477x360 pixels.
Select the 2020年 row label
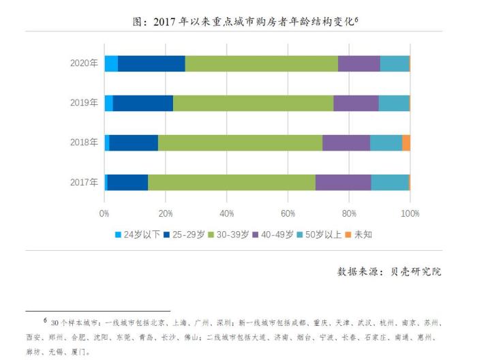(x=84, y=63)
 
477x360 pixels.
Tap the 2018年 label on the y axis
(x=84, y=142)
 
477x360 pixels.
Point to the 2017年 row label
(x=84, y=182)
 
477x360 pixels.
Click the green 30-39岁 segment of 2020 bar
(x=261, y=63)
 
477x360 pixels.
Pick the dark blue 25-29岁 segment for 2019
(x=142, y=103)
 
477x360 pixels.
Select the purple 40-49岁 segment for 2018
(x=346, y=142)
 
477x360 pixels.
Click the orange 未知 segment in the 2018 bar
(x=406, y=142)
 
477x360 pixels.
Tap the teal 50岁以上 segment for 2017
(x=390, y=182)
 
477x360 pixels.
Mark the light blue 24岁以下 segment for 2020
(x=111, y=63)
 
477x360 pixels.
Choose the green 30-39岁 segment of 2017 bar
(x=232, y=182)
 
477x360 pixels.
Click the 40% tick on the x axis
(x=227, y=213)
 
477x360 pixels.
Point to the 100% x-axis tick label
(x=410, y=213)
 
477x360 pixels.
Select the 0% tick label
(x=104, y=213)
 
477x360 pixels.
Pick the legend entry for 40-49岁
(x=276, y=235)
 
